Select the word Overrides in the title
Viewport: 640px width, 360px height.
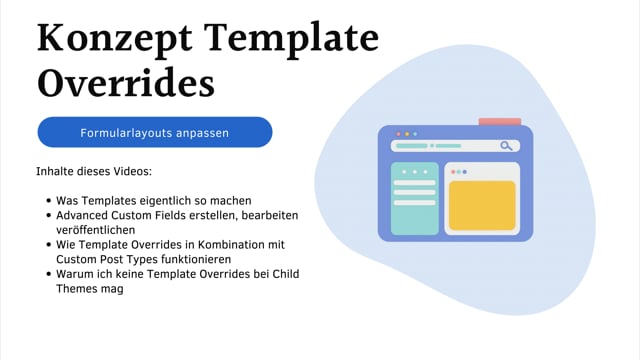coord(126,84)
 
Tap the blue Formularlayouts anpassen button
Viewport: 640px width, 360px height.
coord(155,132)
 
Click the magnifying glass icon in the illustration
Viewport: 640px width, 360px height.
coord(507,146)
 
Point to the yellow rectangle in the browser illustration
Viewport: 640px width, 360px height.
coord(481,206)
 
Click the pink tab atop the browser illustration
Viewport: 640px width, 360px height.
coord(499,122)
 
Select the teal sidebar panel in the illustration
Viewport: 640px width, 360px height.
coord(414,198)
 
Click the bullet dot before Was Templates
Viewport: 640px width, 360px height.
coord(47,201)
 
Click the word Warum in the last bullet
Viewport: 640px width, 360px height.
coord(75,274)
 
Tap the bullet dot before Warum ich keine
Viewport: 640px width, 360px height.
coord(47,274)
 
